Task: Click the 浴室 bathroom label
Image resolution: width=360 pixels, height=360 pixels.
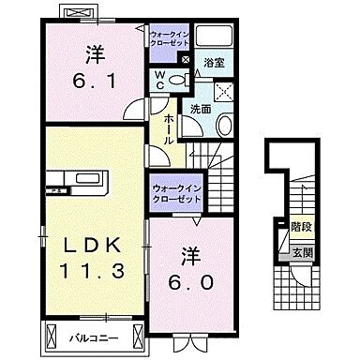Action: [x=215, y=64]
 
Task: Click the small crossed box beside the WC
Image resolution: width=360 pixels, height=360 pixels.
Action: [x=185, y=63]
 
